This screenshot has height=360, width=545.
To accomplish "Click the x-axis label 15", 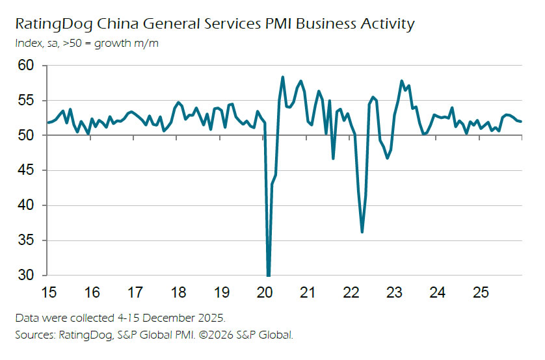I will (49, 292).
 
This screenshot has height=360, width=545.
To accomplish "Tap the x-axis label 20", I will (265, 292).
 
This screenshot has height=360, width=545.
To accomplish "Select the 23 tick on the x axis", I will (394, 292).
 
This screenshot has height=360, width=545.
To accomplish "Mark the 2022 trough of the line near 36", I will (362, 232).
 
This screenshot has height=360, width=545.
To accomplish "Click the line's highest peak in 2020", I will (283, 77).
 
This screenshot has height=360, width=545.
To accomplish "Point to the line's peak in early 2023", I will (401, 81).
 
